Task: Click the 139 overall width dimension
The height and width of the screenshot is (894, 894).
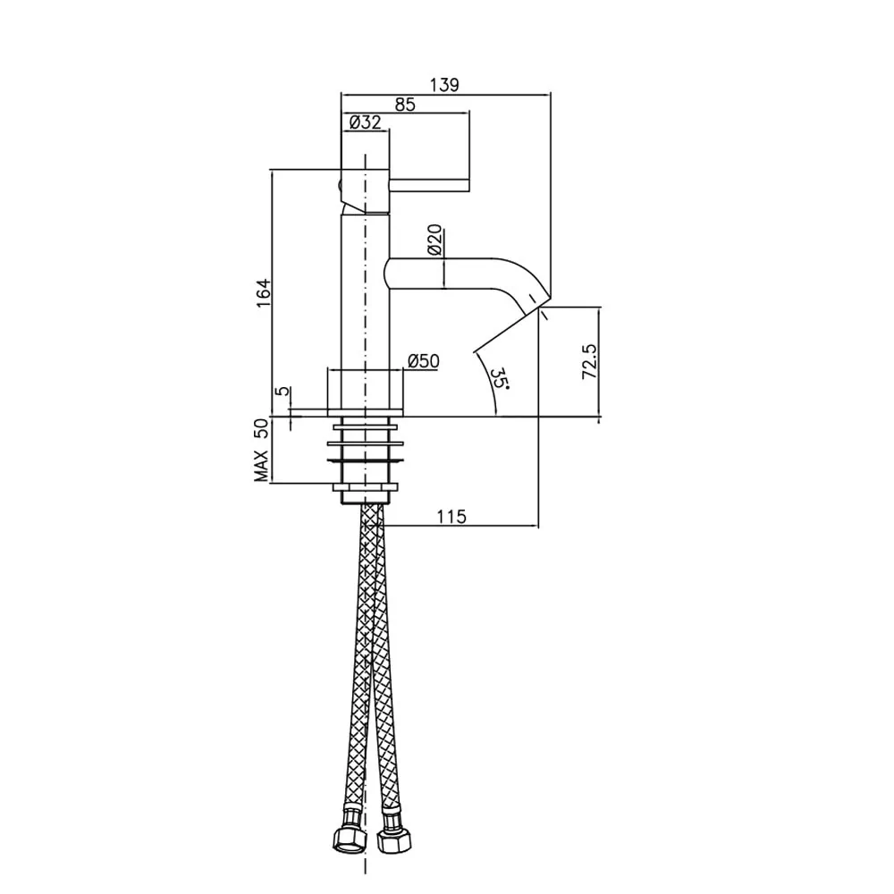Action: [444, 85]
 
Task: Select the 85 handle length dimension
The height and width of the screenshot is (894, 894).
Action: [405, 105]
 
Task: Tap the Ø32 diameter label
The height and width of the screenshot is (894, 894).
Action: [365, 122]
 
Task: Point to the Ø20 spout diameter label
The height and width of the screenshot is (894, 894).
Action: [435, 240]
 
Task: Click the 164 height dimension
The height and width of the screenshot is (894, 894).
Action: [264, 293]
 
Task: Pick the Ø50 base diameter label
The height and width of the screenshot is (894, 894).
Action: [424, 361]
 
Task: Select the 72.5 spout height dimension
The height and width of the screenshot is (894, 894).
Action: [589, 362]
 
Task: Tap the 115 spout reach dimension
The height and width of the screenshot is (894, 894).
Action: [451, 517]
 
